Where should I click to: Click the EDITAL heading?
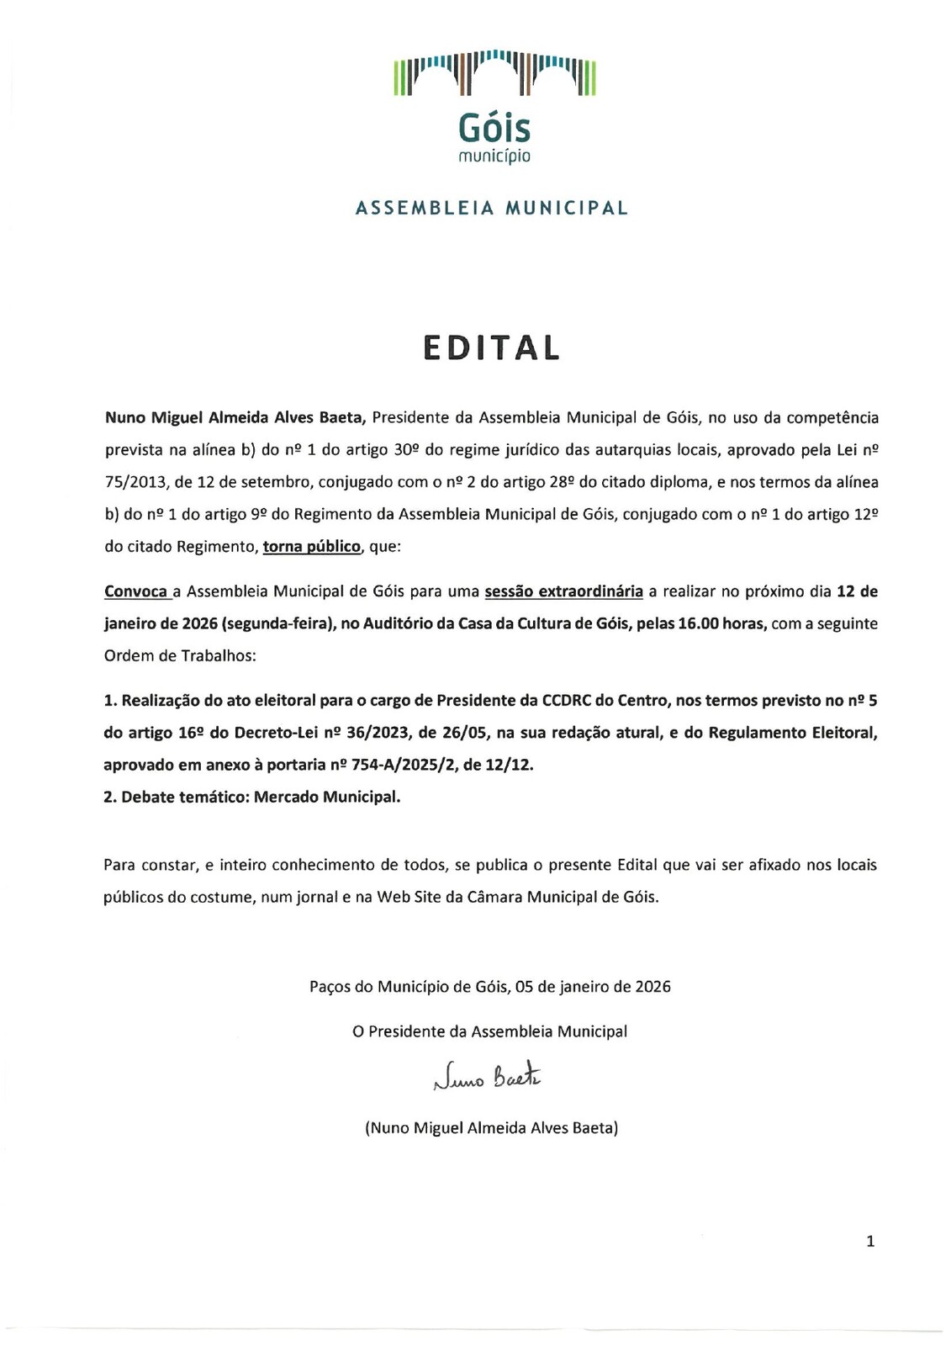[491, 347]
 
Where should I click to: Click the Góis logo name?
[494, 128]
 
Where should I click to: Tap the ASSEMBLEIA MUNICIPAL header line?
[492, 208]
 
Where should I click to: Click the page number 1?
[870, 1241]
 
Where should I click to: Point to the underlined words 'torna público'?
[312, 547]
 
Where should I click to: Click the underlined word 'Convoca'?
[136, 591]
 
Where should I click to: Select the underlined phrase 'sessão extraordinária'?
[563, 591]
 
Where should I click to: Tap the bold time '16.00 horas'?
[722, 623]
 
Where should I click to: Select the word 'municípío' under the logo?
[494, 156]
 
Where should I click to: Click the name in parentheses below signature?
[491, 1128]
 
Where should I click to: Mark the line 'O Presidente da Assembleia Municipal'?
[489, 1031]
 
